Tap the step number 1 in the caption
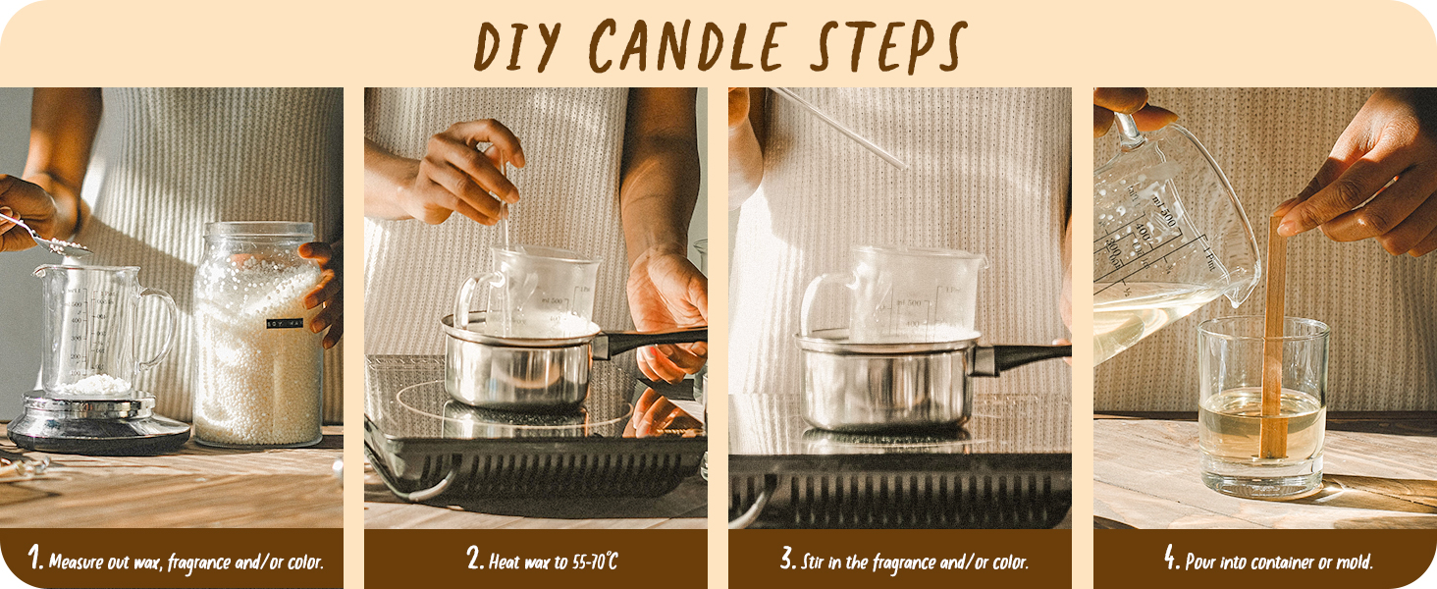point(36,561)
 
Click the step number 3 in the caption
point(787,561)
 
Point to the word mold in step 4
point(1354,562)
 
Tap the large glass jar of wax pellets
point(257,339)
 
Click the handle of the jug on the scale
point(161,324)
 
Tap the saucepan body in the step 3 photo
point(883,388)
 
